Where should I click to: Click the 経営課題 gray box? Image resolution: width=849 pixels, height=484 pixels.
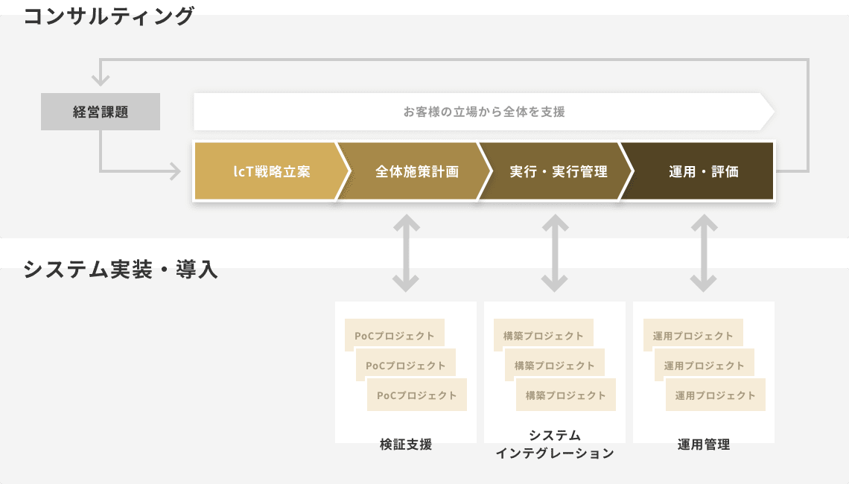101,112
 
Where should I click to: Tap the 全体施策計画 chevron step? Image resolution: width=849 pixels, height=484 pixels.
414,171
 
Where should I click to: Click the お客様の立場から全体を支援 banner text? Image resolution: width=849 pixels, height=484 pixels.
484,112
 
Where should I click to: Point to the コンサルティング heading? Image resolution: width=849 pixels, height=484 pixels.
108,16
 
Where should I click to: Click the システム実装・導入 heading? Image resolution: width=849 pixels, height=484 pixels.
120,269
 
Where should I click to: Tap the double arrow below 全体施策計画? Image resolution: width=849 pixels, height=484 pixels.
406,253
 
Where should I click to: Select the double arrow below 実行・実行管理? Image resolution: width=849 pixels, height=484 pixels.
555,253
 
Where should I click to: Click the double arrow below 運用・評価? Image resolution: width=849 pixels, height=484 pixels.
704,253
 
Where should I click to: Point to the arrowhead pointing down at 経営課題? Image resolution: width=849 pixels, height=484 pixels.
101,80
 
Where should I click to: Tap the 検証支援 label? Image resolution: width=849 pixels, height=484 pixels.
406,445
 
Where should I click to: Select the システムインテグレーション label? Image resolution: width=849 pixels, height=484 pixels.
555,444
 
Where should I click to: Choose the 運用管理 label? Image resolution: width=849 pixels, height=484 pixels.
704,445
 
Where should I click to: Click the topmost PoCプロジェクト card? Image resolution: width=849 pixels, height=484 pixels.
395,334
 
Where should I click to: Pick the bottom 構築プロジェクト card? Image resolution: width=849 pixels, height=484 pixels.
566,395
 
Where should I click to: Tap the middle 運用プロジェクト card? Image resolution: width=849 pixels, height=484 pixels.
705,364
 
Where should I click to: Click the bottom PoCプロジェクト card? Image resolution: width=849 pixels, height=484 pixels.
417,395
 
